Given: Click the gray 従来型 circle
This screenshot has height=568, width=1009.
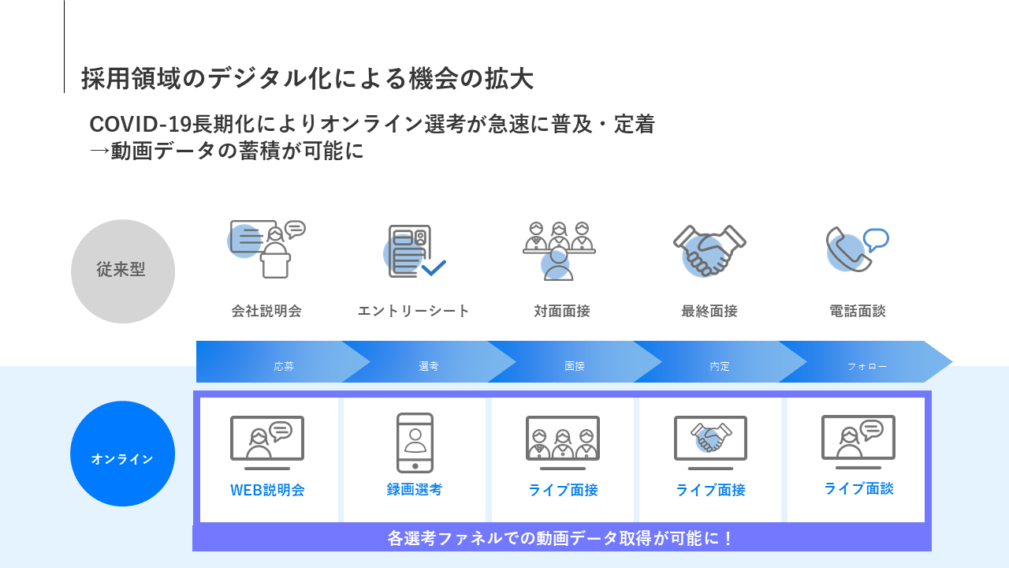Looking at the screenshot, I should [x=122, y=271].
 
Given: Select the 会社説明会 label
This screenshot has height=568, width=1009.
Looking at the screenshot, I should [x=266, y=311].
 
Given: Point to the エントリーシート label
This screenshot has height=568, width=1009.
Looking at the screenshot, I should [x=414, y=311].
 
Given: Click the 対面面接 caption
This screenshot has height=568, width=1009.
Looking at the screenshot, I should [x=562, y=311].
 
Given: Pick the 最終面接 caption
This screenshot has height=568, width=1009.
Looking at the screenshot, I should [x=709, y=311].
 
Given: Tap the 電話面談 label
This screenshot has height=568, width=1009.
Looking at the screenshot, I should [x=858, y=311].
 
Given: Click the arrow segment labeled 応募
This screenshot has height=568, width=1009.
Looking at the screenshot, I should [x=284, y=367].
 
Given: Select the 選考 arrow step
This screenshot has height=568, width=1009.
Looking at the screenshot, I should [x=429, y=367].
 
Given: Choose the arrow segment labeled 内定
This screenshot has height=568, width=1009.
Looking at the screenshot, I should [x=720, y=367].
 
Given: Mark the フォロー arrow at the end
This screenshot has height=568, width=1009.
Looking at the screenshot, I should [x=867, y=367].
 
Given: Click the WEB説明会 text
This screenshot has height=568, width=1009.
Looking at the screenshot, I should [x=267, y=490].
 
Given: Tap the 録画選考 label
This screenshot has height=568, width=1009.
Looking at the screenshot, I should [x=415, y=489].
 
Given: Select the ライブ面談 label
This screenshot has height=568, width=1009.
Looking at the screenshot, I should [x=858, y=488].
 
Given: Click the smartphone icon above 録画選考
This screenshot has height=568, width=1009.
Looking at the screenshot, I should [x=415, y=443].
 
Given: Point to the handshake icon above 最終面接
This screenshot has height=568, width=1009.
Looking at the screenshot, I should [x=709, y=249].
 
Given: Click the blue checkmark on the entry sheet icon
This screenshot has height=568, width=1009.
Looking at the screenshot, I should [x=434, y=267].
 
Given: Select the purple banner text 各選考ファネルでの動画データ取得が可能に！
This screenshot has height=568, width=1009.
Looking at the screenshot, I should [x=561, y=539].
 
